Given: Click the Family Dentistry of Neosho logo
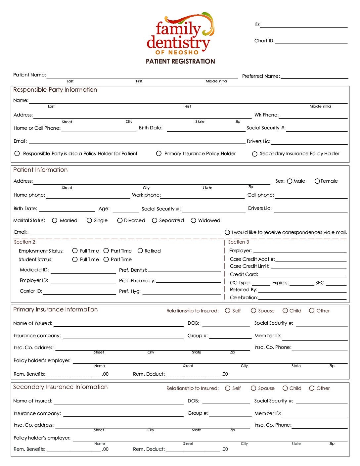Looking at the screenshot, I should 180,34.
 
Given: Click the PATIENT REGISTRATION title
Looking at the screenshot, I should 180,62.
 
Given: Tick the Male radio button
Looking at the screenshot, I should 290,181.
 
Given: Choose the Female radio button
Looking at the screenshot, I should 317,181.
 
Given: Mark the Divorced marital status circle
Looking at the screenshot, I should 120,220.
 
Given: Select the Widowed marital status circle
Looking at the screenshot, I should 194,220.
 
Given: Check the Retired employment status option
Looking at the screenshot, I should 140,251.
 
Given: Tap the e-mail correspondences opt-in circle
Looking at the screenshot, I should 227,232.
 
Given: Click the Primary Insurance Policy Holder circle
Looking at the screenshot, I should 159,154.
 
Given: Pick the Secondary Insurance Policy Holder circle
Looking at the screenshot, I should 254,154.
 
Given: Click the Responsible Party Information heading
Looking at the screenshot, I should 55,90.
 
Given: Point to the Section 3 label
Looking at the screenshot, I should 238,242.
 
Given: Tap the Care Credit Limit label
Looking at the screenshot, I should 249,266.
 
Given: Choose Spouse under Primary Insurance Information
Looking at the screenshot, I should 253,311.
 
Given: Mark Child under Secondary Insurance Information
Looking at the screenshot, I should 285,388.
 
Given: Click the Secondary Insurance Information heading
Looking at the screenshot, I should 61,387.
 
